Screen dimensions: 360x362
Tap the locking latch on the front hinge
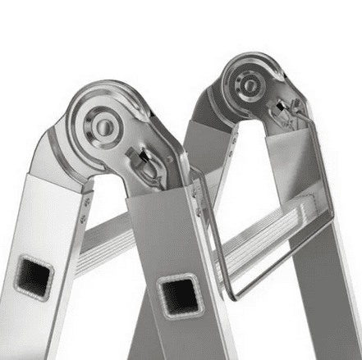coord(145,161)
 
